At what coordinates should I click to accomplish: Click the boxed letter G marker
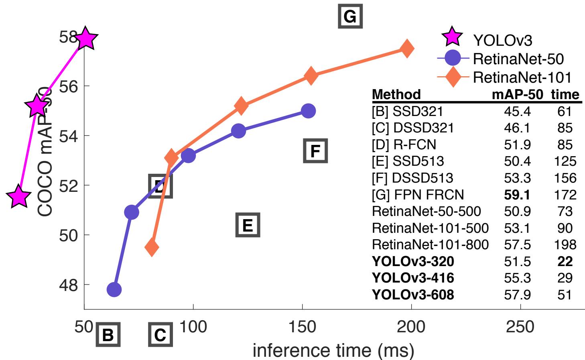point(350,16)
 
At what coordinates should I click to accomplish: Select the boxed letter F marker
point(315,151)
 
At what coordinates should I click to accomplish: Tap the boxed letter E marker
point(248,225)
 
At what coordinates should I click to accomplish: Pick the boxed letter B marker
point(108,335)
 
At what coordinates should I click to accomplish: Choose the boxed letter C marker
point(160,335)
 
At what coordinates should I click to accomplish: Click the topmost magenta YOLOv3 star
point(85,39)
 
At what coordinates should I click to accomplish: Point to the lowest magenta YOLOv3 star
point(18,197)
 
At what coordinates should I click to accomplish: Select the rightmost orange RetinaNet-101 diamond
point(407,49)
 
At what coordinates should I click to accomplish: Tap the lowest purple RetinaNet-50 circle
point(114,289)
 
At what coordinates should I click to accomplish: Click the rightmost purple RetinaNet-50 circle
point(308,110)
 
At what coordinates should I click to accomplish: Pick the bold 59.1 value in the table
point(517,195)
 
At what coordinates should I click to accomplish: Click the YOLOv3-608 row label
point(413,295)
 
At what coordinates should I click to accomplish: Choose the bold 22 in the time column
point(565,261)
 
